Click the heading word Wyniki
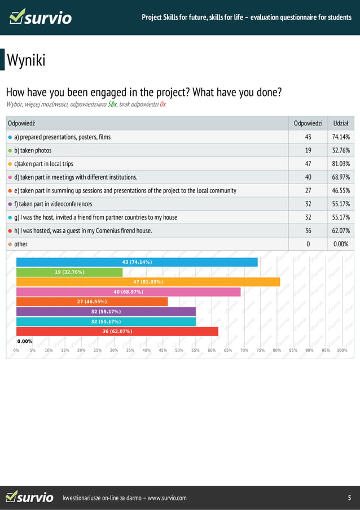point(26,60)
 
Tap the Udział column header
point(340,123)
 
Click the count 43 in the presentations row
point(308,137)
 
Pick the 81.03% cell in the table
point(340,164)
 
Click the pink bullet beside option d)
point(10,177)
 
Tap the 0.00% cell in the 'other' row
point(340,244)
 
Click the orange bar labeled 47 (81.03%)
point(148,282)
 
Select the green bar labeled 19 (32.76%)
point(69,272)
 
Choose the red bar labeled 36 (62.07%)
point(117,331)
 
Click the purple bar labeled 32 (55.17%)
point(106,311)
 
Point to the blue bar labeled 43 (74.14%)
point(137,262)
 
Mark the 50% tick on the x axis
point(179,350)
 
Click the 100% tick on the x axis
point(341,350)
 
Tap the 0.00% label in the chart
point(25,341)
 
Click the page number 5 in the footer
point(349,498)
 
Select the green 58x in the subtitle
point(112,104)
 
